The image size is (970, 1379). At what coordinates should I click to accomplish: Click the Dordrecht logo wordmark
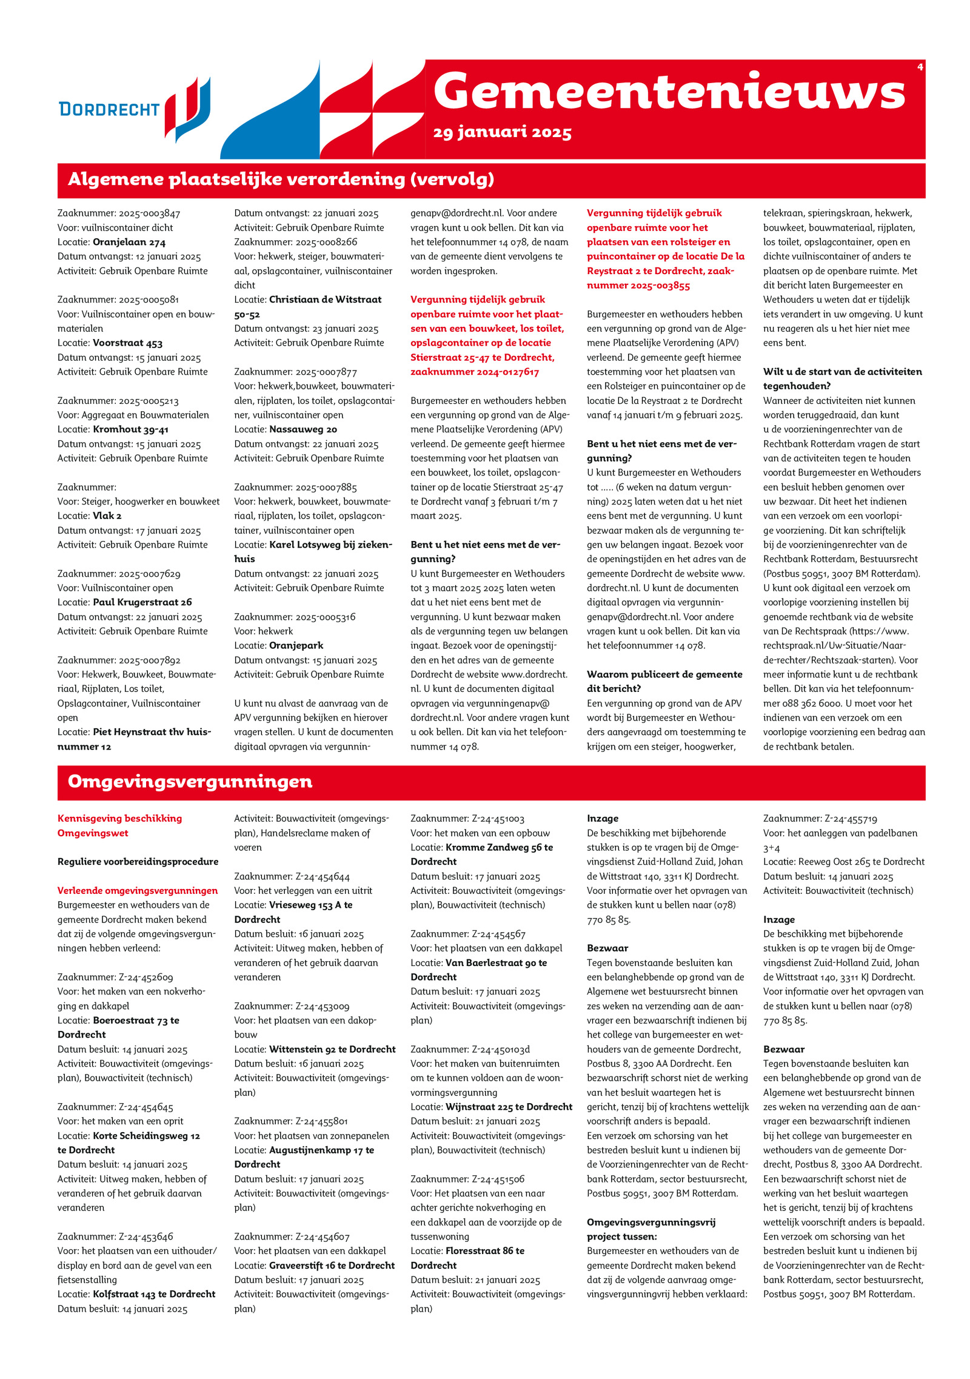click(x=109, y=109)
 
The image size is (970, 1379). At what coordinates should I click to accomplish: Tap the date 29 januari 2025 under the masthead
click(x=502, y=132)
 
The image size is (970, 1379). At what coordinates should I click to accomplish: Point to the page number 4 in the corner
click(x=920, y=67)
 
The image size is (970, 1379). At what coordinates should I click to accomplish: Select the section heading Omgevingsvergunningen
click(x=190, y=781)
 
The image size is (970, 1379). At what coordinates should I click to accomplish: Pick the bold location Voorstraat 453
click(x=127, y=343)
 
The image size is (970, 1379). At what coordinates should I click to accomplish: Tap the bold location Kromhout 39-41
click(x=130, y=429)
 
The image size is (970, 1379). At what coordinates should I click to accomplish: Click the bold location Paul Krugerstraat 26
click(x=142, y=602)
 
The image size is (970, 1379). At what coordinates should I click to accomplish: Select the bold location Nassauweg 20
click(x=303, y=429)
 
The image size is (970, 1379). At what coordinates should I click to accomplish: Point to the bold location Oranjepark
click(x=296, y=645)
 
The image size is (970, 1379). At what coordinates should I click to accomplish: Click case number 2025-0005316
click(x=325, y=617)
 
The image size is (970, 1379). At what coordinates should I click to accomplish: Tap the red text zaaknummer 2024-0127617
click(x=475, y=372)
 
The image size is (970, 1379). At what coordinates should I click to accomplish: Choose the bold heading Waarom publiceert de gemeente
click(x=664, y=674)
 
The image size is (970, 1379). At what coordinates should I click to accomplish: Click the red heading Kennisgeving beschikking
click(x=119, y=818)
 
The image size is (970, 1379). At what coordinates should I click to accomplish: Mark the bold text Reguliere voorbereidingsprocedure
click(x=138, y=862)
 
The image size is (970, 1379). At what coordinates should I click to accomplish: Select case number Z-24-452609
click(x=145, y=977)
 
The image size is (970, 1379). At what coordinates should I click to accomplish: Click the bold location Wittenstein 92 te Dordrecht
click(x=332, y=1049)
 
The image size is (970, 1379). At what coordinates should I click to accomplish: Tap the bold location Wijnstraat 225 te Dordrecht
click(x=509, y=1107)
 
